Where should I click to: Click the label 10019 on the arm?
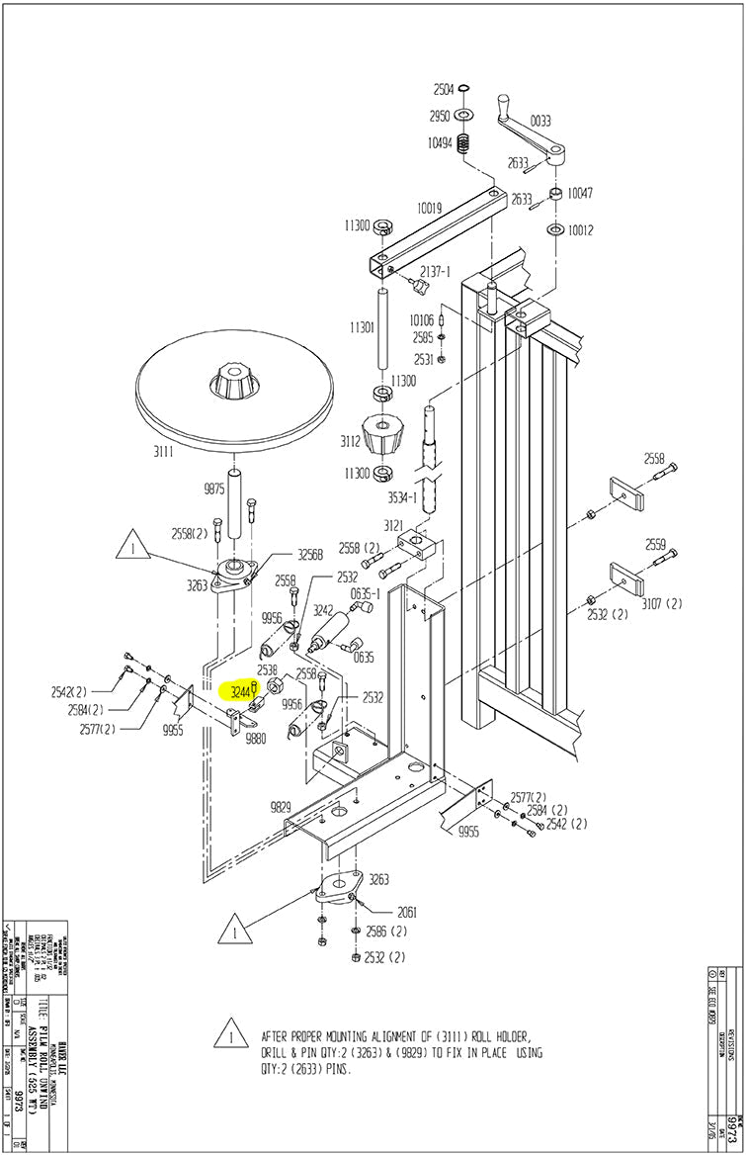429,209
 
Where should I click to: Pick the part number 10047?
580,193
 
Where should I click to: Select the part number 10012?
580,230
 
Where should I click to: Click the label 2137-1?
435,271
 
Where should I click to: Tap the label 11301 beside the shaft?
361,327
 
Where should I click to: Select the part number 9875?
214,489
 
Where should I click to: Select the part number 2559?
655,544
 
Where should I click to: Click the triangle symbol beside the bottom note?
230,1034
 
